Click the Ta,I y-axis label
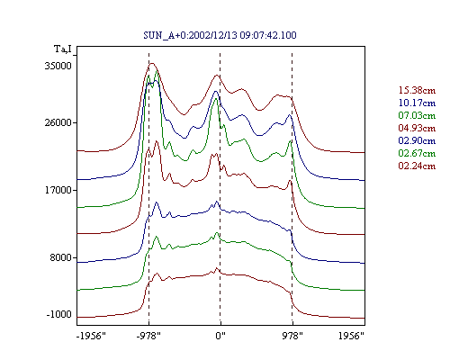[x=63, y=49]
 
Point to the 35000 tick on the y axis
[x=58, y=66]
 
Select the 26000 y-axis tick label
[x=58, y=122]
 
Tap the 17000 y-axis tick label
[x=58, y=190]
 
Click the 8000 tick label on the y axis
[x=61, y=257]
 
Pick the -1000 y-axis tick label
[x=59, y=314]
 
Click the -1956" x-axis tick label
[x=91, y=336]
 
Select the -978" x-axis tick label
[x=148, y=336]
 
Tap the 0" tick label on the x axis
[x=220, y=336]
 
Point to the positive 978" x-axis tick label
[x=292, y=336]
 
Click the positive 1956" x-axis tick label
[x=351, y=336]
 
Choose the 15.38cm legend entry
[x=417, y=90]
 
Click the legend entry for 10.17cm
[x=417, y=103]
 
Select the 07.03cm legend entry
[x=417, y=115]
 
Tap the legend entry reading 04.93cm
[x=417, y=128]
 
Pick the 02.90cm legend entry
[x=417, y=140]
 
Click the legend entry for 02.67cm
[x=417, y=153]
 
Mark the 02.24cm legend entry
[x=417, y=166]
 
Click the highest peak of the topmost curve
[x=152, y=63]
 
